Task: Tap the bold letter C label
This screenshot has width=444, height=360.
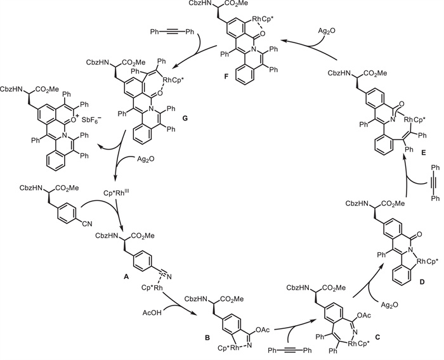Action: (359, 333)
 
